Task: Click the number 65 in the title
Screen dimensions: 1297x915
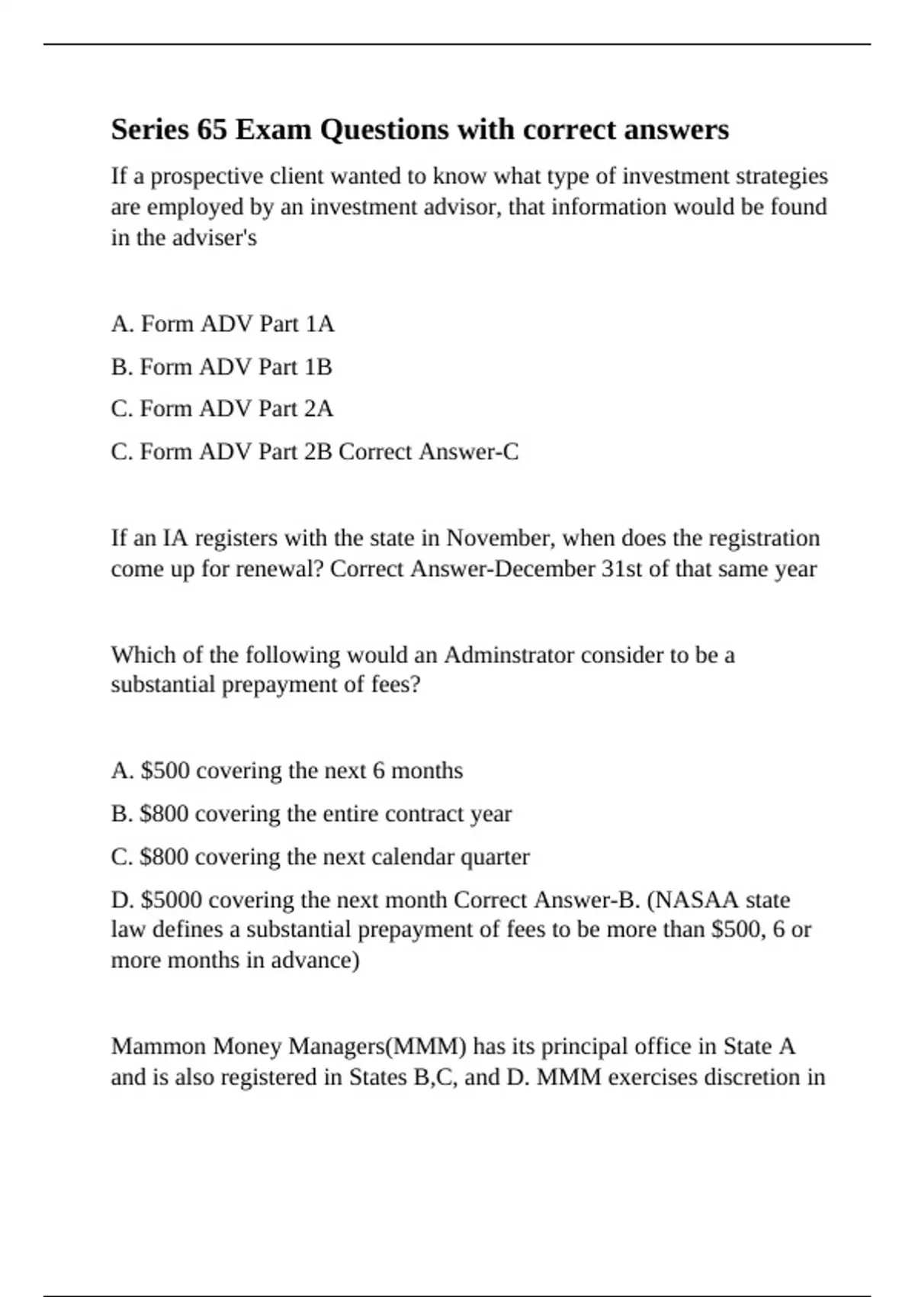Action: [x=211, y=130]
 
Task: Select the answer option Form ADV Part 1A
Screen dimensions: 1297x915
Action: [x=223, y=324]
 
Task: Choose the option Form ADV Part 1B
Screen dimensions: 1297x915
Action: [x=221, y=367]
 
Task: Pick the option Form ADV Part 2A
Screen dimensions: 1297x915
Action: [x=222, y=409]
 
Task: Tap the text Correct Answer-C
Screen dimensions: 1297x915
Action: [x=429, y=452]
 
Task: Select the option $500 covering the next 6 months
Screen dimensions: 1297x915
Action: [x=287, y=771]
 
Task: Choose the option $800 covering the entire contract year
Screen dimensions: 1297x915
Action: [x=311, y=814]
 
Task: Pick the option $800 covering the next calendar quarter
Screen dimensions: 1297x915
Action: [x=320, y=857]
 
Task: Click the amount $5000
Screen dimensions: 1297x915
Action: [x=172, y=900]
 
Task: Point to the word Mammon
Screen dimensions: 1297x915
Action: [x=159, y=1046]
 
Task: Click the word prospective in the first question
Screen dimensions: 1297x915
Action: [x=197, y=176]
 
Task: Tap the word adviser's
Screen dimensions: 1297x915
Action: [x=214, y=238]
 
